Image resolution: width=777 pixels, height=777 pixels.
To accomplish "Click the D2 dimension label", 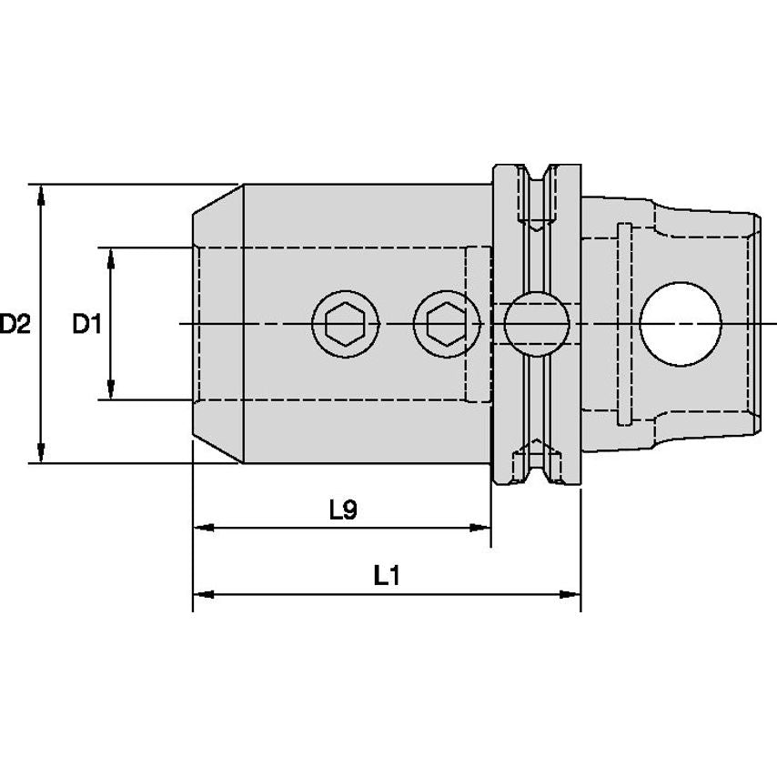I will [15, 323].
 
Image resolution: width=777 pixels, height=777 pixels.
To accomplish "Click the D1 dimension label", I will [87, 323].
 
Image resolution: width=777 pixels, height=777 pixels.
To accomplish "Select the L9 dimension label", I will [342, 510].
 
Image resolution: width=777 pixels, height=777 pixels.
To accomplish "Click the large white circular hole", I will [680, 323].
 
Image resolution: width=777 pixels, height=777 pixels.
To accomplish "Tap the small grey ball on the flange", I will [537, 323].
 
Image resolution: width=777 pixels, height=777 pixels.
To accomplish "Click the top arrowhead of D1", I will [111, 257].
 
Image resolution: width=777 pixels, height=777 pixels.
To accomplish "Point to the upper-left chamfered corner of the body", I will [217, 199].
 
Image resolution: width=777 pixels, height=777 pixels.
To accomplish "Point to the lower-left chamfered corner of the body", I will [217, 448].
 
